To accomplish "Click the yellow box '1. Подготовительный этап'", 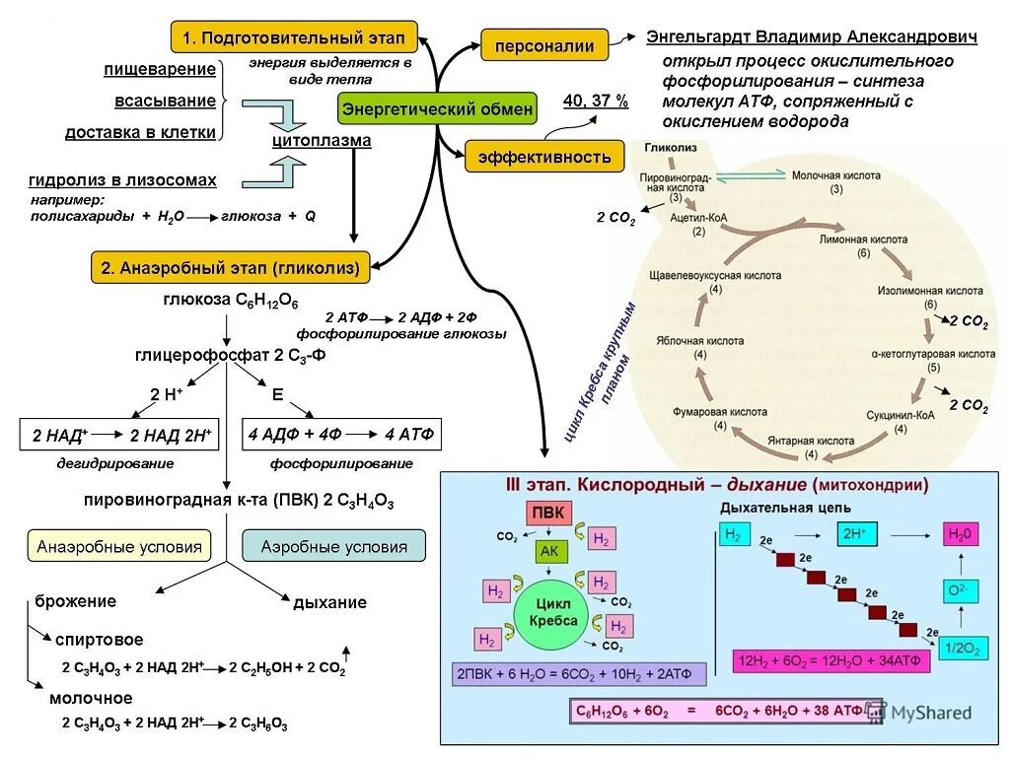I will point(294,37).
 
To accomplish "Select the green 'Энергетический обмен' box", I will point(437,108).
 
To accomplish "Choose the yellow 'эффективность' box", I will point(544,156).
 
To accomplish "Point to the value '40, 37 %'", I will point(595,102).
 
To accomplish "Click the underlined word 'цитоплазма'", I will point(322,141).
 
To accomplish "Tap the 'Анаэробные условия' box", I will point(119,546).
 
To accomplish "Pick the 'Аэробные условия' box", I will point(333,546).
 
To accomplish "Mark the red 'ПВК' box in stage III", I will point(548,515).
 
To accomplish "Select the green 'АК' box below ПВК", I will point(548,552).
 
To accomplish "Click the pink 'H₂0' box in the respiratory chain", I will point(960,535).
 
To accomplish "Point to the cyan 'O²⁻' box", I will point(956,590).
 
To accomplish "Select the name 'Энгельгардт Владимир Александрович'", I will point(812,37).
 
